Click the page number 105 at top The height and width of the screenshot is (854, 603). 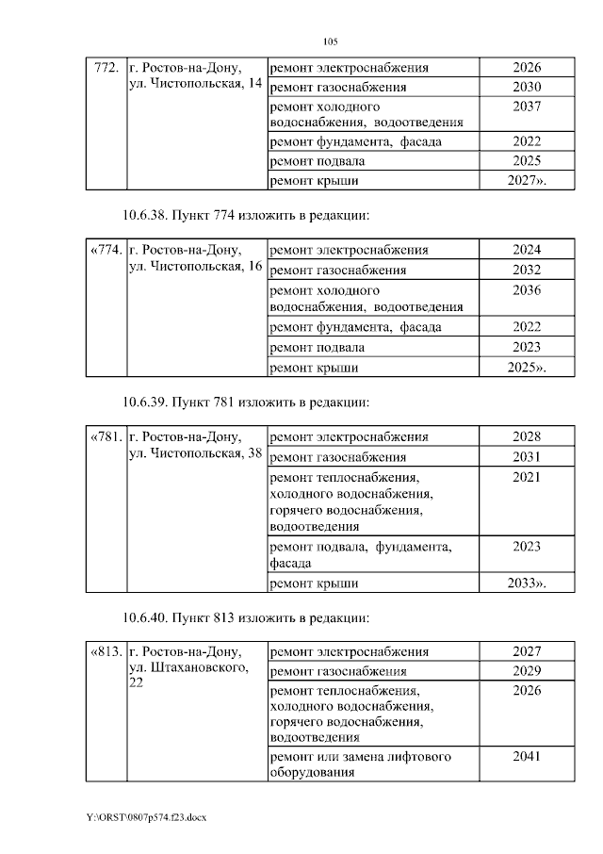(330, 41)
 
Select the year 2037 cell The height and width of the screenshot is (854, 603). (527, 107)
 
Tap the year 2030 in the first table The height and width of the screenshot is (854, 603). (527, 87)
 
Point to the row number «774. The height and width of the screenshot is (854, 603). (105, 251)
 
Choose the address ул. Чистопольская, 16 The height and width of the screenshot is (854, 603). (194, 268)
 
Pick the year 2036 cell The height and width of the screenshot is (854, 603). (527, 290)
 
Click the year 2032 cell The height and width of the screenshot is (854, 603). (527, 271)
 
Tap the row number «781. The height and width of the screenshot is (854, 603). (105, 437)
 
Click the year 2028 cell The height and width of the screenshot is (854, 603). (527, 437)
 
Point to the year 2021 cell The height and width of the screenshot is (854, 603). (527, 478)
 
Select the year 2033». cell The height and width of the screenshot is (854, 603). (527, 583)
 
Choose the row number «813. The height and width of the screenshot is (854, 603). (105, 652)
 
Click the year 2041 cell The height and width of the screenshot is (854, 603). (527, 756)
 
